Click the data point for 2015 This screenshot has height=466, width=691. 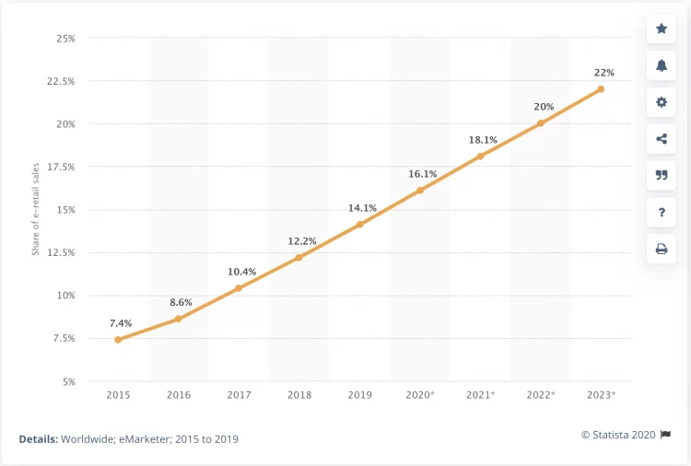click(x=118, y=340)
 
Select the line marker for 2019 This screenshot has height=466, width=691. click(x=359, y=225)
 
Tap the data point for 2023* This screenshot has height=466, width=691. click(x=601, y=89)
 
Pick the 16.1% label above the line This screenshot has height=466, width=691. click(x=420, y=173)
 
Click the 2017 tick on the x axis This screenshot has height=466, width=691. click(x=239, y=394)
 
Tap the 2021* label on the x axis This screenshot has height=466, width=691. click(x=480, y=394)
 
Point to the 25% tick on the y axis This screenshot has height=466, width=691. click(x=65, y=39)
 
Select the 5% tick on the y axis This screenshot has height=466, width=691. click(x=68, y=381)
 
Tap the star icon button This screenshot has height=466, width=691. click(x=662, y=29)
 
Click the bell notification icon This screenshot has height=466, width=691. click(x=662, y=65)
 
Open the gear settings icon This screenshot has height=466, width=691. click(x=662, y=102)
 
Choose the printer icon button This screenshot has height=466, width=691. click(x=662, y=249)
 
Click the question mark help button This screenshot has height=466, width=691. click(x=662, y=213)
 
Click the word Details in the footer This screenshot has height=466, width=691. click(x=38, y=439)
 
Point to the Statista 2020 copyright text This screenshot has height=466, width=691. click(x=619, y=434)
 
